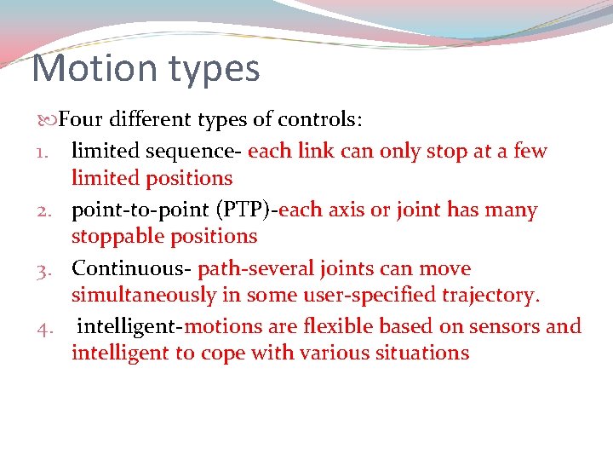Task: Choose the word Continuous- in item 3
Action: [131, 269]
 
